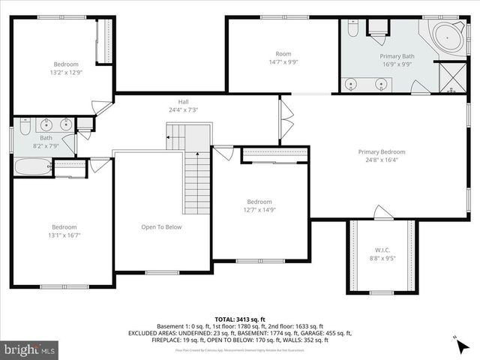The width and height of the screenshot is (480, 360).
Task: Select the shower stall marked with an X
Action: pyautogui.click(x=451, y=77)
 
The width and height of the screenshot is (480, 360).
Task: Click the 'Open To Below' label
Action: pyautogui.click(x=161, y=226)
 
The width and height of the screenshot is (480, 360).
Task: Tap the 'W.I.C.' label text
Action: pyautogui.click(x=382, y=250)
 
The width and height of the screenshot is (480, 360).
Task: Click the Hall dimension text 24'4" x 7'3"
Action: pyautogui.click(x=183, y=110)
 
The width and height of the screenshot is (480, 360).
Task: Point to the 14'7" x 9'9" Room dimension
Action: pyautogui.click(x=283, y=62)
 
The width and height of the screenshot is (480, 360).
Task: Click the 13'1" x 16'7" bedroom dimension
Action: pyautogui.click(x=64, y=235)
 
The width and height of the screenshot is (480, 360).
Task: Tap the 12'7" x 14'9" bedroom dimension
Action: pyautogui.click(x=259, y=211)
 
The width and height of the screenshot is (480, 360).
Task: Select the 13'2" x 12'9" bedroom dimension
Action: pyautogui.click(x=65, y=73)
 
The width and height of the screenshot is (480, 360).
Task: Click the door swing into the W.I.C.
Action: pyautogui.click(x=382, y=213)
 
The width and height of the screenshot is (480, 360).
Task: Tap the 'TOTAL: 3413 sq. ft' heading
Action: pyautogui.click(x=239, y=319)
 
